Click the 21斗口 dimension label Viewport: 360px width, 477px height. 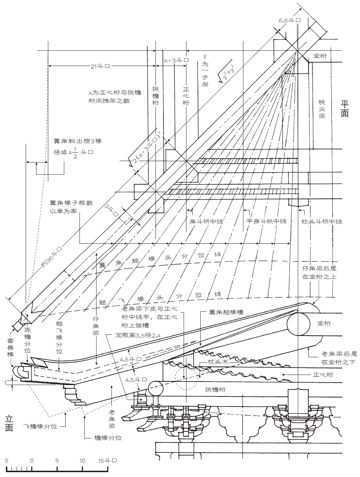pyautogui.click(x=100, y=66)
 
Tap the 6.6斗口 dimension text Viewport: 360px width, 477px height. pyautogui.click(x=289, y=20)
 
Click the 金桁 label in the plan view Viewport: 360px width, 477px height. pyautogui.click(x=320, y=56)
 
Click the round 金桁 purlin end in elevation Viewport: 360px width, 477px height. pyautogui.click(x=299, y=324)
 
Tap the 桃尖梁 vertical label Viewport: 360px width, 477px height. pyautogui.click(x=322, y=109)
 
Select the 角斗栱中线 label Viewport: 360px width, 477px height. pyautogui.click(x=206, y=221)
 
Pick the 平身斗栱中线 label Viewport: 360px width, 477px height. pyautogui.click(x=266, y=221)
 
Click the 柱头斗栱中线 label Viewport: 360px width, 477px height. pyautogui.click(x=322, y=221)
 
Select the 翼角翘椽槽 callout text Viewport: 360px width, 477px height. pyautogui.click(x=226, y=312)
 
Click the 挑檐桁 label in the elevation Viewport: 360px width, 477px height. pyautogui.click(x=215, y=390)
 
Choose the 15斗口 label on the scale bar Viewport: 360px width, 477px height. pyautogui.click(x=107, y=461)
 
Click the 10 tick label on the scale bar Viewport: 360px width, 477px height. pyautogui.click(x=82, y=461)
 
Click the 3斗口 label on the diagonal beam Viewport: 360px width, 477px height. pyautogui.click(x=112, y=211)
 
